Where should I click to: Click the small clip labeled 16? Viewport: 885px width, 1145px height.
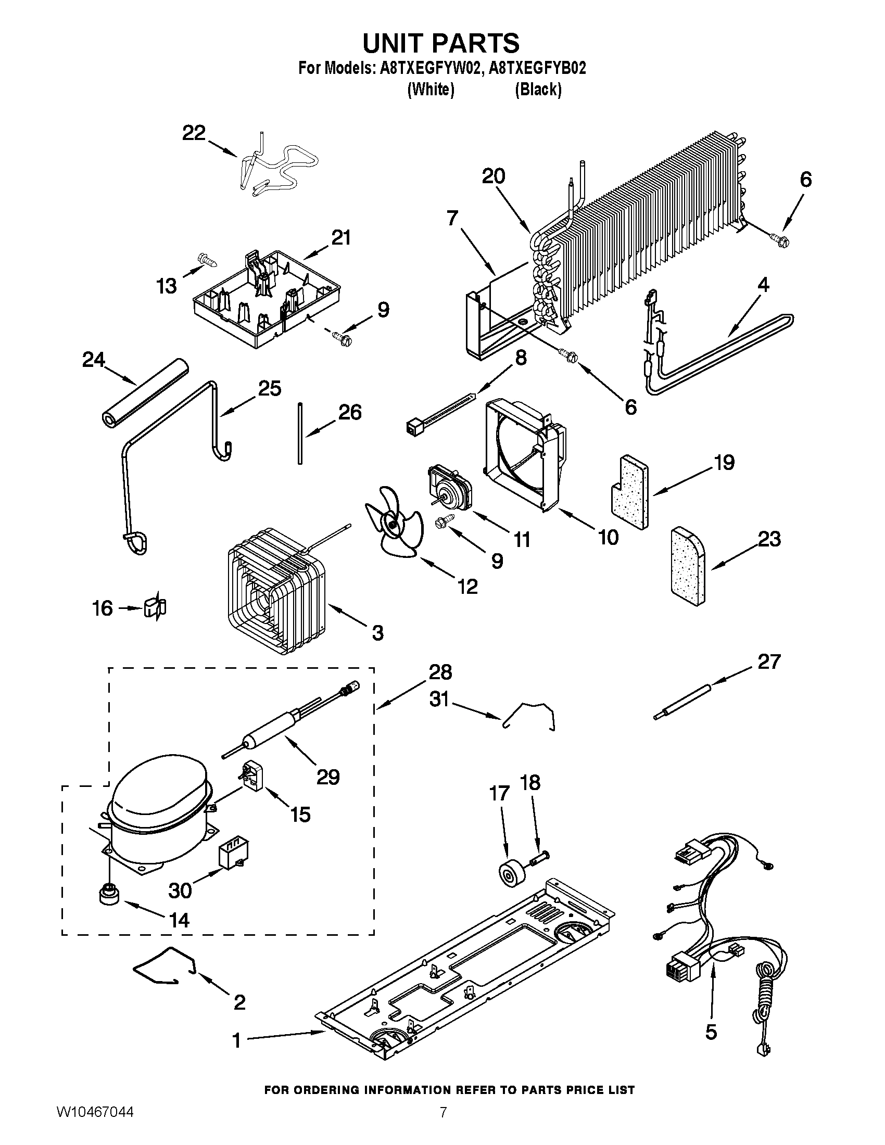tap(155, 608)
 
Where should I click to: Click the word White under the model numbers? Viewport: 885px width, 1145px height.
tap(431, 90)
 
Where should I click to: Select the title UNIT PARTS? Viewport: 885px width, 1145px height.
tap(441, 43)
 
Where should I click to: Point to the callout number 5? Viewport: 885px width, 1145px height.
tap(711, 1032)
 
